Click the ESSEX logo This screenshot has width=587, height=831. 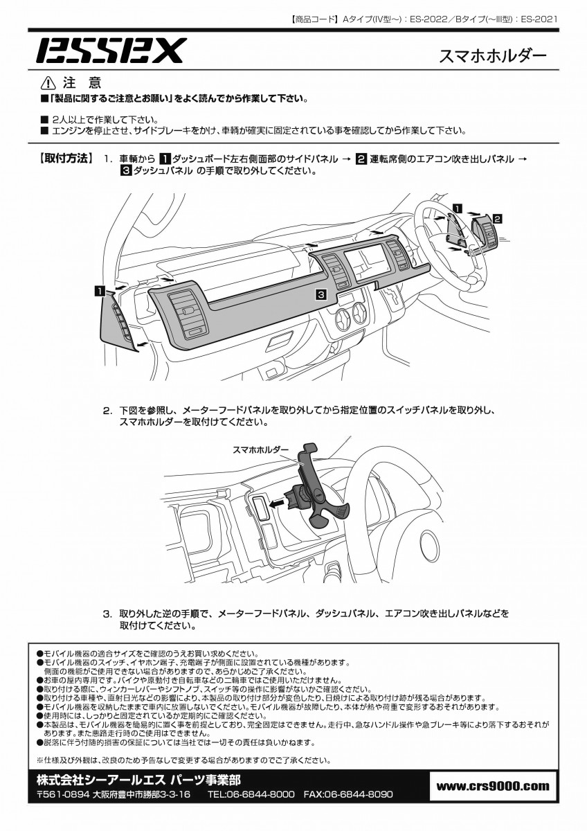click(x=111, y=51)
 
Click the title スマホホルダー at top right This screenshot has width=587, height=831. click(x=493, y=56)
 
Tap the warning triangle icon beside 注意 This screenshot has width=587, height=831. click(x=48, y=83)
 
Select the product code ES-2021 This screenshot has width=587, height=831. click(x=538, y=19)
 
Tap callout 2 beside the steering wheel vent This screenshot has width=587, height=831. click(x=497, y=217)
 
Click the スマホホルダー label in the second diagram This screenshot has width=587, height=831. click(x=260, y=449)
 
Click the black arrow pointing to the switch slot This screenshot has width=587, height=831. click(x=278, y=504)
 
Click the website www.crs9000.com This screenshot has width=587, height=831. click(x=493, y=785)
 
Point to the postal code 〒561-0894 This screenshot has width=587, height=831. click(x=63, y=794)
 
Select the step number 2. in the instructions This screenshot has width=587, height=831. click(x=108, y=410)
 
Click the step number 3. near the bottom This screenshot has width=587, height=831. click(x=108, y=614)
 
